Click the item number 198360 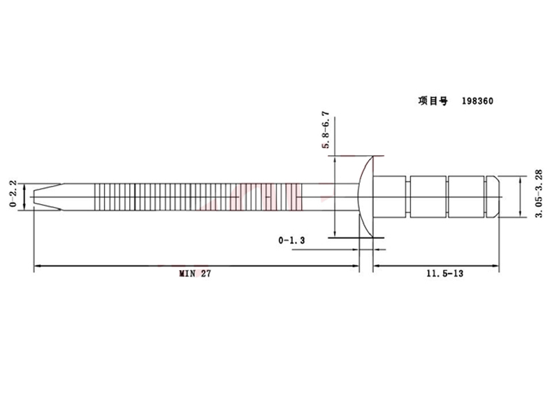click(477, 101)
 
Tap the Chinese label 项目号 click(433, 101)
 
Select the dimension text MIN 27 click(195, 274)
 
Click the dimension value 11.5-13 click(445, 273)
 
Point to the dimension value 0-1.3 click(291, 240)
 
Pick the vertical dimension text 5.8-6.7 click(326, 130)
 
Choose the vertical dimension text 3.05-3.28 click(539, 194)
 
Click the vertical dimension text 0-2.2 click(13, 194)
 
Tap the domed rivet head click(366, 197)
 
